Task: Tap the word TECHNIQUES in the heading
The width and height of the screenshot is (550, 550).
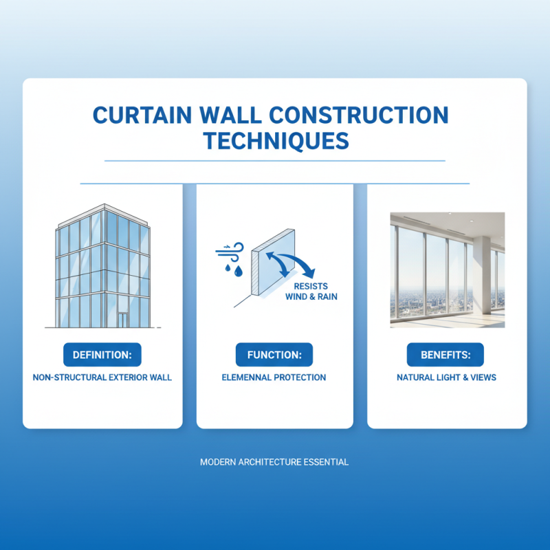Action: coord(275,141)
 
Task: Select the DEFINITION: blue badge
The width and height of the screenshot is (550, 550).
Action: coord(102,355)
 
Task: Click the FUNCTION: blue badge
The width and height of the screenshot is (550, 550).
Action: coord(274,355)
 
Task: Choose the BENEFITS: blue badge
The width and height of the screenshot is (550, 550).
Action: coord(446,355)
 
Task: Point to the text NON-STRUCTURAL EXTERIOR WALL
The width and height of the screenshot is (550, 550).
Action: coord(102,377)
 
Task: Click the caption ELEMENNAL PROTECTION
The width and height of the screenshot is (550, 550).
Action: coord(274,377)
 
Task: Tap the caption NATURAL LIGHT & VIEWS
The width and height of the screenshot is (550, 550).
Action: coord(446,377)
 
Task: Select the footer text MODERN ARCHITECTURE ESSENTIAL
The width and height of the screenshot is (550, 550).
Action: coord(274,462)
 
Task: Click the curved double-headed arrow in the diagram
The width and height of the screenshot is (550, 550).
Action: coord(289,265)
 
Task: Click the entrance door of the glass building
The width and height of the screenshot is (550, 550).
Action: coord(122,320)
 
